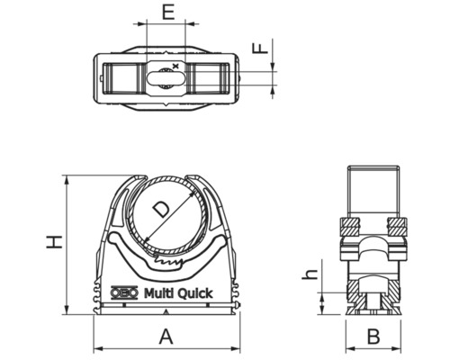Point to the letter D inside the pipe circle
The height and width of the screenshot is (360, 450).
pos(159,210)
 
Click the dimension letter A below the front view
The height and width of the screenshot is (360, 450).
pos(166,337)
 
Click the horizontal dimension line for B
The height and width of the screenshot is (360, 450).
pos(374,349)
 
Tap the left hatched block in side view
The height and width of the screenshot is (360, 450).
pos(348,225)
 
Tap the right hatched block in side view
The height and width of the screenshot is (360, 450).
pos(397,225)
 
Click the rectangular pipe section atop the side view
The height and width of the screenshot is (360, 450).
pos(373,189)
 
